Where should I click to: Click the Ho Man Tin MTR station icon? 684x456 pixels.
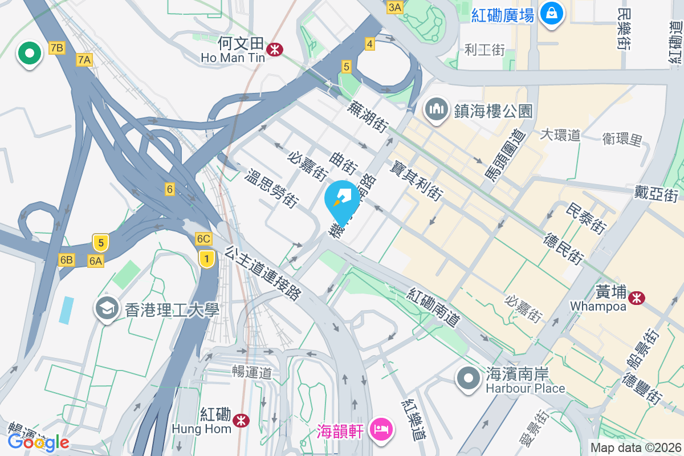[x=275, y=50]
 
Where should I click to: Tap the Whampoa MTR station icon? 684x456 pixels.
[x=637, y=298]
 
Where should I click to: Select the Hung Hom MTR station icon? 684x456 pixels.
[x=242, y=421]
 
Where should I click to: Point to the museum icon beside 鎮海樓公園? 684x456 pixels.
[x=437, y=110]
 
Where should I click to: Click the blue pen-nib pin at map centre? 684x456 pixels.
[x=343, y=201]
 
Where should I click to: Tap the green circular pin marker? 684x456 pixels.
[x=29, y=55]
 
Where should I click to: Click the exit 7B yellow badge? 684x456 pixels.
[x=56, y=48]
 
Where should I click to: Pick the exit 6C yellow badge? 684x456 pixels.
[x=203, y=238]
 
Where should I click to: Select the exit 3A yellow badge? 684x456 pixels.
[x=394, y=7]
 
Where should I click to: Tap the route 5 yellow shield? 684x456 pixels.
[x=100, y=243]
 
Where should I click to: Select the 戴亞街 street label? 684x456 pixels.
[x=656, y=194]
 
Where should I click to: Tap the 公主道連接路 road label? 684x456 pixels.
[x=263, y=273]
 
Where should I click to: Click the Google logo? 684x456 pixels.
[x=39, y=442]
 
